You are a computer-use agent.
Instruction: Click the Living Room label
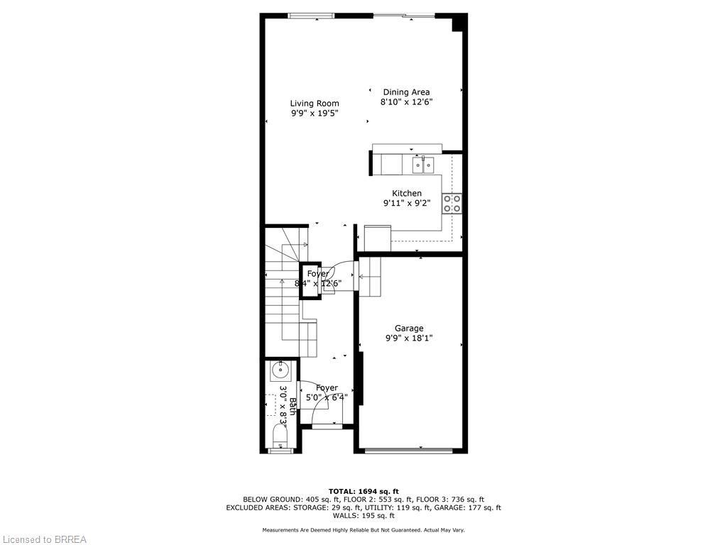(315, 104)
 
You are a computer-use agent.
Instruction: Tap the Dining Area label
(406, 92)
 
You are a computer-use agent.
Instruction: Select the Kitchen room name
(407, 193)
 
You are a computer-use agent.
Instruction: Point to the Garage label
(409, 329)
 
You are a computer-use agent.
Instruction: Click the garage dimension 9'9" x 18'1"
(409, 338)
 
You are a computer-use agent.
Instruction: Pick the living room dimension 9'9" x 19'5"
(315, 114)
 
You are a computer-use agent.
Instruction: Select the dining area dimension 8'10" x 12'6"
(406, 102)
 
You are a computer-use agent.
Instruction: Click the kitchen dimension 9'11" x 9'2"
(407, 203)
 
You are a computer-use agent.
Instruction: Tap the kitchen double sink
(424, 165)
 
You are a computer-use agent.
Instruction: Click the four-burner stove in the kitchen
(452, 204)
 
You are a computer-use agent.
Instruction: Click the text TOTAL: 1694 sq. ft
(363, 491)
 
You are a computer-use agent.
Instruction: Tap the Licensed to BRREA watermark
(44, 539)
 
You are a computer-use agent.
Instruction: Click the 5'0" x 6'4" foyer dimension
(327, 397)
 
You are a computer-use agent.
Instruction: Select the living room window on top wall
(311, 16)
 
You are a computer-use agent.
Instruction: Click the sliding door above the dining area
(403, 16)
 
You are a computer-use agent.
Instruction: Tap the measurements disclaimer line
(363, 530)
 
